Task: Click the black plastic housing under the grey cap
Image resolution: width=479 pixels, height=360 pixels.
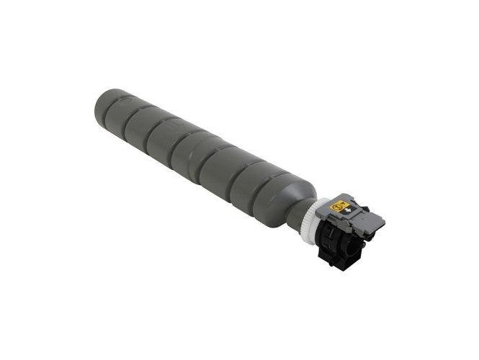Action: [x=336, y=241]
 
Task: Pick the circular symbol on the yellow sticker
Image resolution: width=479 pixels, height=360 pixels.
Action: [x=335, y=206]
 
